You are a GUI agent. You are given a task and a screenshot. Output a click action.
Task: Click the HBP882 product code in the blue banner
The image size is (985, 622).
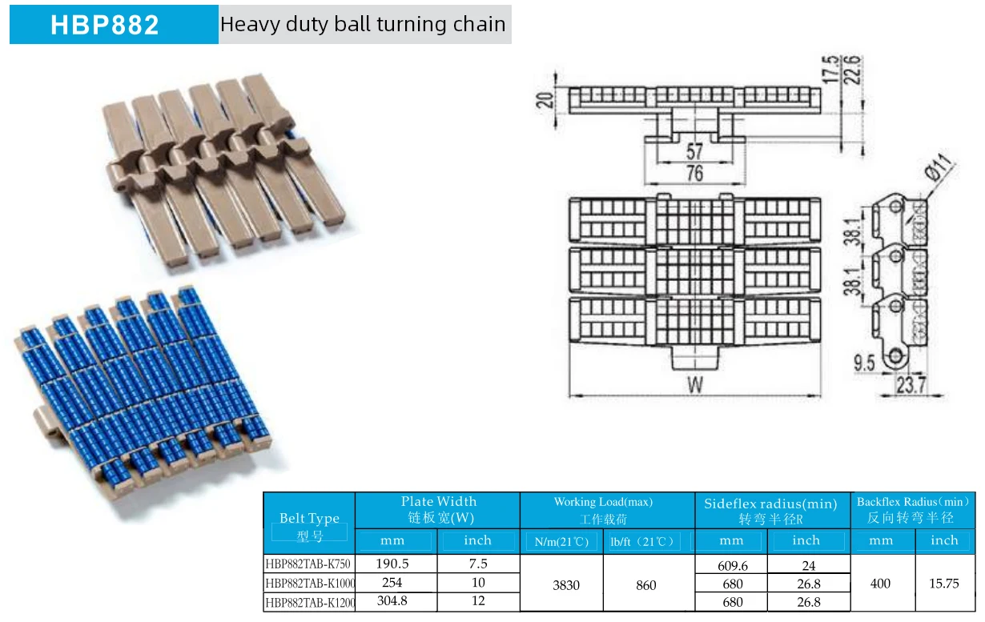104,25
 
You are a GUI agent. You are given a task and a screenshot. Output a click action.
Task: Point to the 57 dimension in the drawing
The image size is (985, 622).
695,151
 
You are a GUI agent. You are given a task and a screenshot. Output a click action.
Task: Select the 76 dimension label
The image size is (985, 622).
695,173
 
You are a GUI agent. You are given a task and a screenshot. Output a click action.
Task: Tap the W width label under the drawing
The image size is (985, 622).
695,385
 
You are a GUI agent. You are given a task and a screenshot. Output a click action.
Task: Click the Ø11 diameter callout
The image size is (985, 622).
939,167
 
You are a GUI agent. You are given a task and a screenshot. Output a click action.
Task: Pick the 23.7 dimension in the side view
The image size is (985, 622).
911,385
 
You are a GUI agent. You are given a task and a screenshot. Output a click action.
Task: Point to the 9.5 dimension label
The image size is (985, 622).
864,363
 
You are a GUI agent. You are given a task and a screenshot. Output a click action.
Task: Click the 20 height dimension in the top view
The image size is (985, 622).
545,100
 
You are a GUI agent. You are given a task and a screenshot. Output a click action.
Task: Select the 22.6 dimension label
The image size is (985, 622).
852,70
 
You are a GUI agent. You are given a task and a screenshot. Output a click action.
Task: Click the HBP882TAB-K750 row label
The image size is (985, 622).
308,564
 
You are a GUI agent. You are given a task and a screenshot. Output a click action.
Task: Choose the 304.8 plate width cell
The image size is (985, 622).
392,600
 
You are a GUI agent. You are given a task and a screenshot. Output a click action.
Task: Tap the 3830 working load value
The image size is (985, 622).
566,585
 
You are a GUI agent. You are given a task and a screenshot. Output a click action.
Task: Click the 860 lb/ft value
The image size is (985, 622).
646,585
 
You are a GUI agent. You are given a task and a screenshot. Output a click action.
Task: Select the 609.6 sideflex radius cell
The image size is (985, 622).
733,566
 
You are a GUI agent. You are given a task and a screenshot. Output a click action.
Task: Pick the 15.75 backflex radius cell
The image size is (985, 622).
943,584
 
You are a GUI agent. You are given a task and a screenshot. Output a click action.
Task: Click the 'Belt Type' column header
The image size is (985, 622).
310,518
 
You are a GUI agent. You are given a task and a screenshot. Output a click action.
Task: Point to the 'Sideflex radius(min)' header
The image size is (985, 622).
770,504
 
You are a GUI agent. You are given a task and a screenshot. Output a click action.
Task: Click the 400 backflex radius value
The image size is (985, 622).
880,584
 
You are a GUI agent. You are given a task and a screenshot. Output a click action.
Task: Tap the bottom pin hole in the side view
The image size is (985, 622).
895,355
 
